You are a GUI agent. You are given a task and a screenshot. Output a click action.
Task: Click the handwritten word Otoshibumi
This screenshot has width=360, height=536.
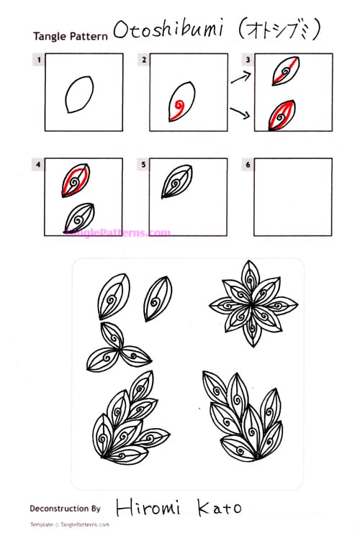pos(162,31)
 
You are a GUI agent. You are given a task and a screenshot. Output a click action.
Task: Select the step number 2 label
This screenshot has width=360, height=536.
pos(144,60)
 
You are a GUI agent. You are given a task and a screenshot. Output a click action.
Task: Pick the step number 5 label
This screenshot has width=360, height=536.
pos(144,165)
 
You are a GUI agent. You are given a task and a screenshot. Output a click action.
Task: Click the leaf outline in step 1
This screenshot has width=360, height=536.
pos(75,94)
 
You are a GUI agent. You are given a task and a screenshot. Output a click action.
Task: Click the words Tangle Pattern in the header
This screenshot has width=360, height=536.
pos(71,35)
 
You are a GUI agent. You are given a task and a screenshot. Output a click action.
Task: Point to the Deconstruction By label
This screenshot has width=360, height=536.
pos(65,508)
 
